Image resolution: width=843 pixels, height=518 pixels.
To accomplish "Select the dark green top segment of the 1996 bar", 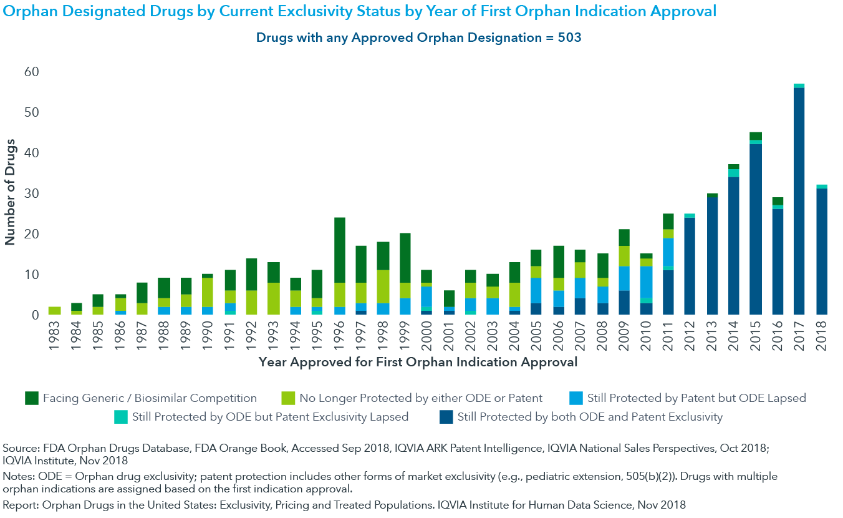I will [340, 250].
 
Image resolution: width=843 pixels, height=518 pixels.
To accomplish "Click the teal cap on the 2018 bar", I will [821, 187].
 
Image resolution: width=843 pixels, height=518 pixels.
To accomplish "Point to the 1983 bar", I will [55, 310].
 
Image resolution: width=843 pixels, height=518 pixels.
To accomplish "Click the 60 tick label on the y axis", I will [31, 72].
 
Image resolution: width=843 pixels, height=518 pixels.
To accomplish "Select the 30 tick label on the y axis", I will [31, 194].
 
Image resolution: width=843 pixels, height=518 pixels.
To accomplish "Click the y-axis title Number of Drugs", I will [11, 193].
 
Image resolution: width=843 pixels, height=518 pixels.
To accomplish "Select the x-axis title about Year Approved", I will [417, 362].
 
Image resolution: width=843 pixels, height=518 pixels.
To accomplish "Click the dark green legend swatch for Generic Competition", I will [32, 398].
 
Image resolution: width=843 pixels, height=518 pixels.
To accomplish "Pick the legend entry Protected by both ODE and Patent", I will [590, 417].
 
